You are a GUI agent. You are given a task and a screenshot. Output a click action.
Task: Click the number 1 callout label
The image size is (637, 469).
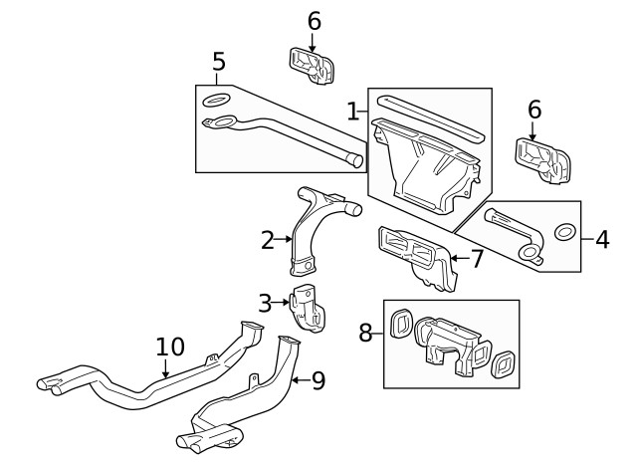[351, 111]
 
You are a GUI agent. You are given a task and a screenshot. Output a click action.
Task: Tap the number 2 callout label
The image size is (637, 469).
[267, 239]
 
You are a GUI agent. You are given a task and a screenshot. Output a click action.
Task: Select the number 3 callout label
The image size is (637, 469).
[265, 302]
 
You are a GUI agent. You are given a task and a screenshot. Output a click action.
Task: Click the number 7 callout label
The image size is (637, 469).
[477, 259]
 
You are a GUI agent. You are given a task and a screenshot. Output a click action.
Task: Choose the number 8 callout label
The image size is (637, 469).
[365, 333]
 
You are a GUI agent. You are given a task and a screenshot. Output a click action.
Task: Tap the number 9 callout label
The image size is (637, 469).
[318, 380]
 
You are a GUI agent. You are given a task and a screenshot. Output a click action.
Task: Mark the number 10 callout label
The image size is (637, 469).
[170, 347]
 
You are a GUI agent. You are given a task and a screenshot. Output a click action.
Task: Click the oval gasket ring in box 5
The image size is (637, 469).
[216, 101]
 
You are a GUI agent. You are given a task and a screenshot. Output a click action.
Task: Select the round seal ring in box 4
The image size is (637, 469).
[564, 232]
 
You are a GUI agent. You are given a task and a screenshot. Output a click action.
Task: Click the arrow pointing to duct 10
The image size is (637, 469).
[166, 369]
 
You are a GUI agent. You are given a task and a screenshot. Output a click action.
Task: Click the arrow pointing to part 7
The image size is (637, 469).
[456, 259]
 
